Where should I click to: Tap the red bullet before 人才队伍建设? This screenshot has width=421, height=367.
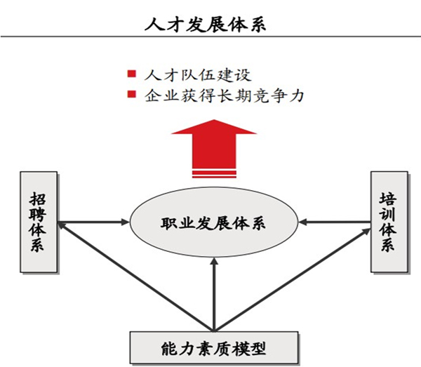pyautogui.click(x=130, y=74)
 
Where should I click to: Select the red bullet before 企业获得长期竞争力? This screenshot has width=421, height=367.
pyautogui.click(x=130, y=95)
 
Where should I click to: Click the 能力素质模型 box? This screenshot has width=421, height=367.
pyautogui.click(x=211, y=347)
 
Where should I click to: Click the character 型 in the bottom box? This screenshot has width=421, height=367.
pyautogui.click(x=262, y=347)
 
